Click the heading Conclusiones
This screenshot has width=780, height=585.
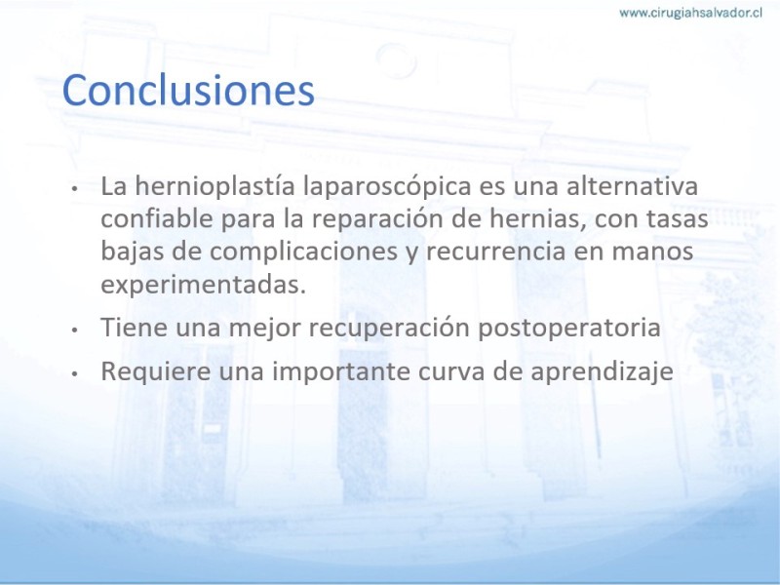click(x=188, y=90)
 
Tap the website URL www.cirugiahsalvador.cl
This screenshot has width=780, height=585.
click(x=690, y=13)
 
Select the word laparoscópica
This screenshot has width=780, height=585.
click(x=387, y=186)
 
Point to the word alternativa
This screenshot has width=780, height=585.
click(x=632, y=185)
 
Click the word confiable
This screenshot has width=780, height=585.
click(x=157, y=218)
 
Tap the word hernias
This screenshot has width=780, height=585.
click(x=537, y=218)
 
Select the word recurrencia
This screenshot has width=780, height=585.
click(x=496, y=252)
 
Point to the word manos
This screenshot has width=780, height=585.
click(x=652, y=252)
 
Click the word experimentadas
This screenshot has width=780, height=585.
click(x=203, y=285)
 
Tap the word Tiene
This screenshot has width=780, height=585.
click(x=135, y=328)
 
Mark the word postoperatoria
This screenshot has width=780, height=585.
click(x=569, y=329)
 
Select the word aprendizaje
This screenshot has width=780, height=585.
click(x=602, y=371)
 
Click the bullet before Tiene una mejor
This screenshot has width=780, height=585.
click(x=74, y=330)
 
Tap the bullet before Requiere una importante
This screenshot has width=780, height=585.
click(x=74, y=373)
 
